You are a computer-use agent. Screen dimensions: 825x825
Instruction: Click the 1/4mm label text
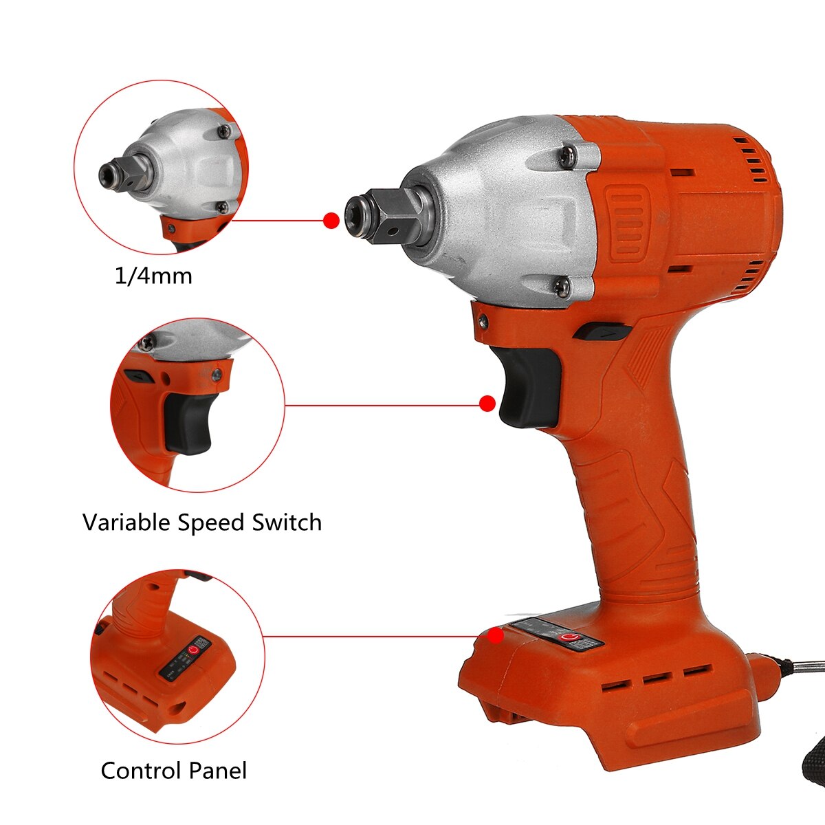click(x=153, y=276)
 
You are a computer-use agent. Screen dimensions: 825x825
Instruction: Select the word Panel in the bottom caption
click(x=214, y=770)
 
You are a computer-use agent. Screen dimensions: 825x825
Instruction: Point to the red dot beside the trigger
click(x=487, y=404)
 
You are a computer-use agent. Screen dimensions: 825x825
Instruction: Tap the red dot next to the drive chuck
click(x=331, y=220)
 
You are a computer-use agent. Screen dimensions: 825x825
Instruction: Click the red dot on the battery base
click(x=495, y=636)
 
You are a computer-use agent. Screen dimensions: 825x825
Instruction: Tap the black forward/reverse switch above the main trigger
click(x=602, y=332)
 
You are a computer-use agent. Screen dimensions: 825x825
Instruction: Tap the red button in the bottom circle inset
click(x=197, y=648)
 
